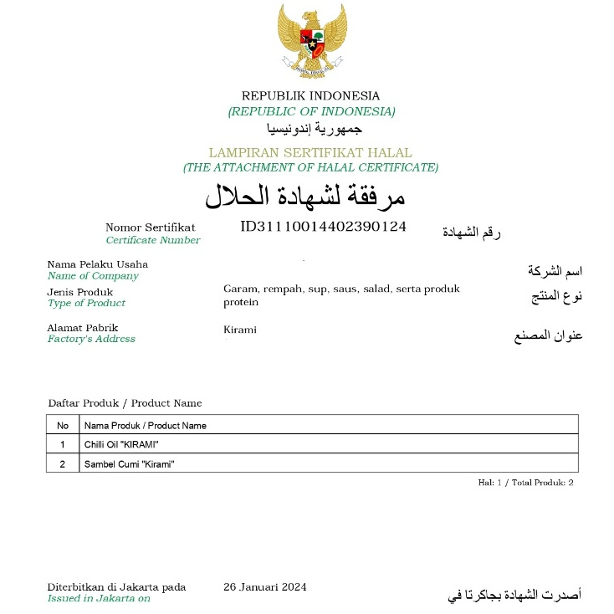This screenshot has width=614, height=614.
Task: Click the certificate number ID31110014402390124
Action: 323,226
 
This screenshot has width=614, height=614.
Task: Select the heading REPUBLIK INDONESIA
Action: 310,95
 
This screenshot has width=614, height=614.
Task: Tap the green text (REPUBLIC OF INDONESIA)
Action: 311,111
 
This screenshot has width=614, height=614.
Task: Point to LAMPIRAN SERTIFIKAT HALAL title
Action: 310,152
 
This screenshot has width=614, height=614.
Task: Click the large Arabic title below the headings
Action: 305,196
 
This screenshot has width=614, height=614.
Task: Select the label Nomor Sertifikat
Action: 151,227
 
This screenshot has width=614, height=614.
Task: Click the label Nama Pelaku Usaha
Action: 98,264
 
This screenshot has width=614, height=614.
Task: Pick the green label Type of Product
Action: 86,303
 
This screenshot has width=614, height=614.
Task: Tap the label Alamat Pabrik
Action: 83,327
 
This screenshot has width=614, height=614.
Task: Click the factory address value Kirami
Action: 240,330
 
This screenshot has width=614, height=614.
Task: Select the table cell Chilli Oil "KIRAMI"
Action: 121,443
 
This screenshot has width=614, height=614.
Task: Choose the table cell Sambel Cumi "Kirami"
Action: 129,463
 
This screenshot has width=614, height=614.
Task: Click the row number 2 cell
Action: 62,463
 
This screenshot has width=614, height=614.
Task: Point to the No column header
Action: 62,425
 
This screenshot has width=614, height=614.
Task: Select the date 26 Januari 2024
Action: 265,586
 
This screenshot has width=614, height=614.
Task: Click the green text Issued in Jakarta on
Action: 99,598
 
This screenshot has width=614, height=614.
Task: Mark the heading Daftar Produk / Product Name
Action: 125,403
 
